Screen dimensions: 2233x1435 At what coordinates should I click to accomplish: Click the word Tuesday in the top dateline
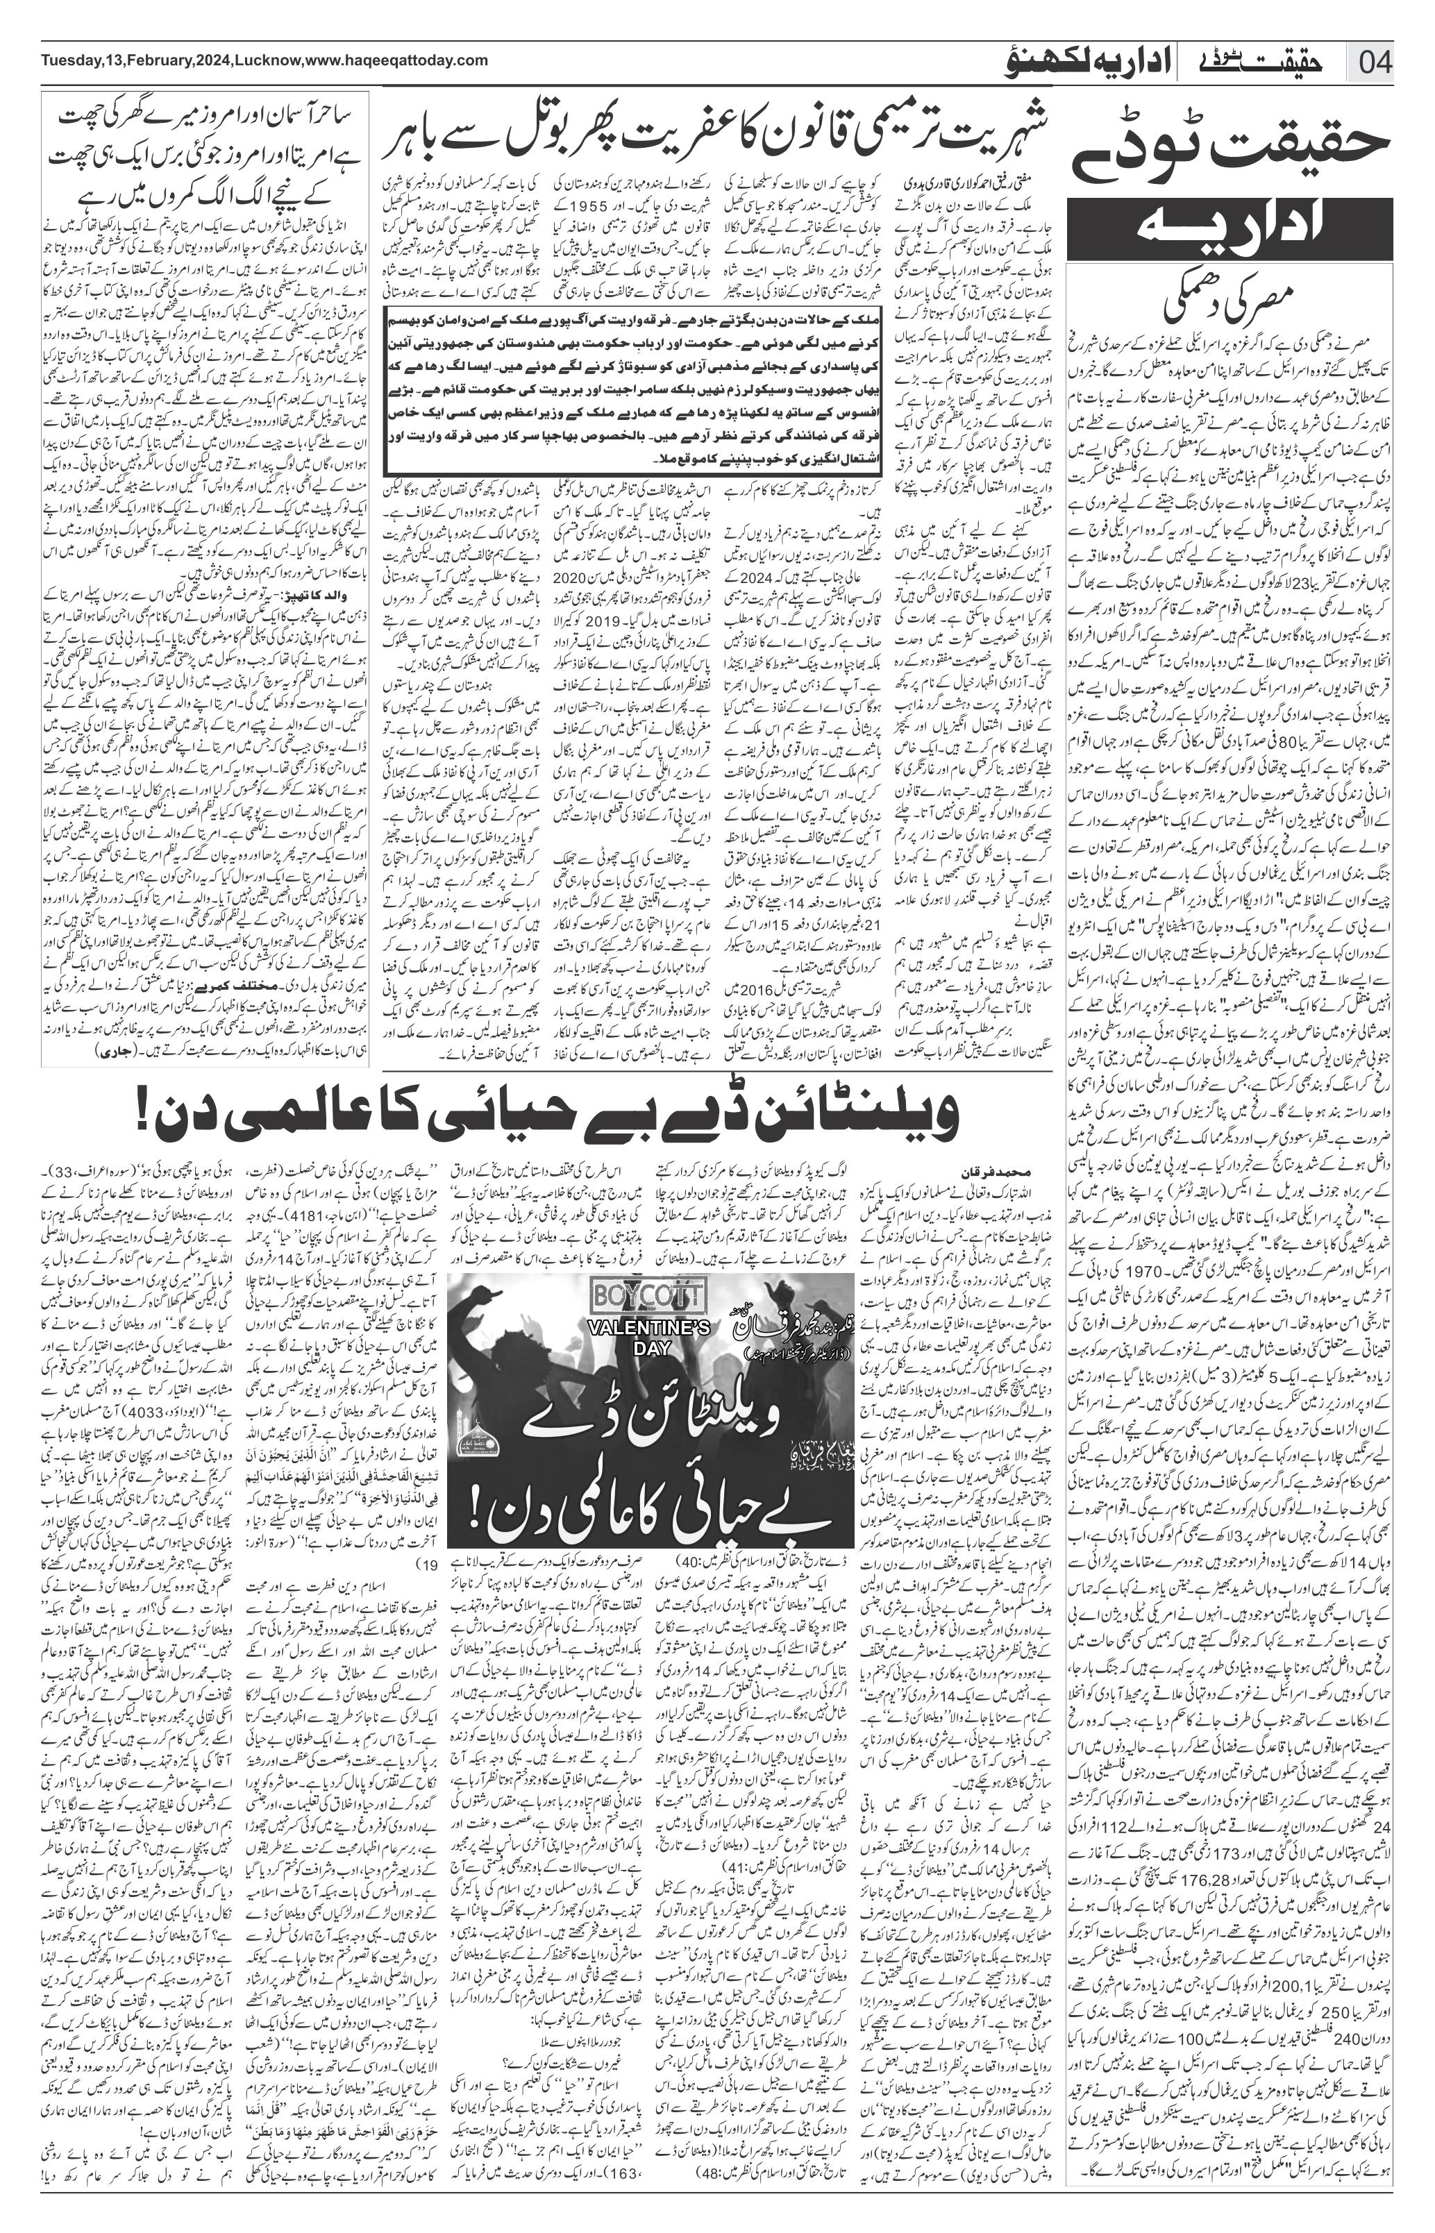coord(71,60)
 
